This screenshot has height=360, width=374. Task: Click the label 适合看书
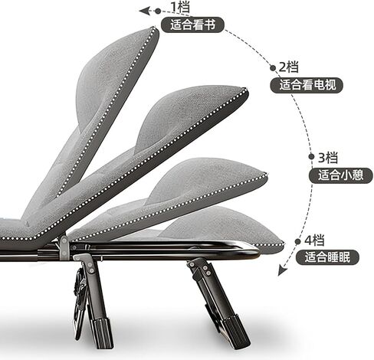pos(192,25)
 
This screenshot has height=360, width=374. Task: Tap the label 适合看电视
pos(307,84)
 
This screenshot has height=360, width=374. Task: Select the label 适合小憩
pos(341,175)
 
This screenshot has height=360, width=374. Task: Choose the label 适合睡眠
pos(327,257)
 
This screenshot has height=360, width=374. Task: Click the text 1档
pos(180,7)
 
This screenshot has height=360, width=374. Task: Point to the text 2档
pos(289,67)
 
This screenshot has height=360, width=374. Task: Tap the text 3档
pos(328,157)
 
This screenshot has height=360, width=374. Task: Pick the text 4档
pos(314,241)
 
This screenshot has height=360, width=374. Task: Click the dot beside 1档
pos(158,11)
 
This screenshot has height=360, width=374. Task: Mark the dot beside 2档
pos(273,68)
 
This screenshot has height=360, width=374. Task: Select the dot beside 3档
pos(311,156)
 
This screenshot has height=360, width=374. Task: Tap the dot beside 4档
pos(297,241)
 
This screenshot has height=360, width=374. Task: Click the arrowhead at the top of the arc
pos(144,11)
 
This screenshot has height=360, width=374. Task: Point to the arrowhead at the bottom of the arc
pos(282,270)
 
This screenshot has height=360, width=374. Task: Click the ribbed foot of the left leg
pos(103,332)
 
